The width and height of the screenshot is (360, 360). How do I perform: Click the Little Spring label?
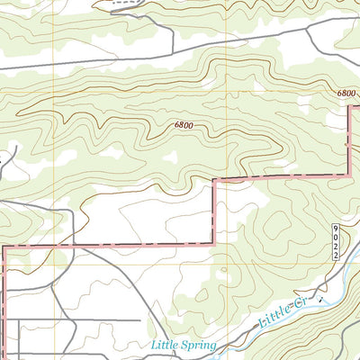[184, 344]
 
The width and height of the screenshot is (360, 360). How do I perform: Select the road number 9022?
[334, 242]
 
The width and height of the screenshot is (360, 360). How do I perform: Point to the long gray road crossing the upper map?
[135, 58]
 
